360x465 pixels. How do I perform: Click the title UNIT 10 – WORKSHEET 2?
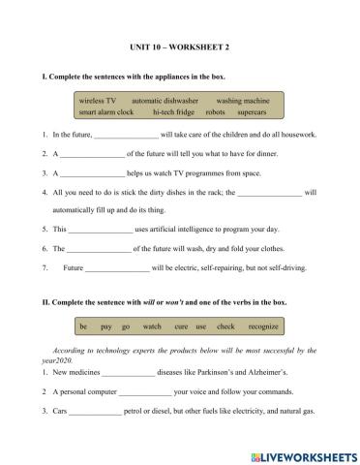click(x=180, y=46)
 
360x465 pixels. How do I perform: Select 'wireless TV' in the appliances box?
click(x=98, y=100)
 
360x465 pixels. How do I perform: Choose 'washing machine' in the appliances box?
click(x=242, y=100)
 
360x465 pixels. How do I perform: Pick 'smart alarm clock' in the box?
click(x=106, y=111)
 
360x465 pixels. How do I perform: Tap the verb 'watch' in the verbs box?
click(x=152, y=326)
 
